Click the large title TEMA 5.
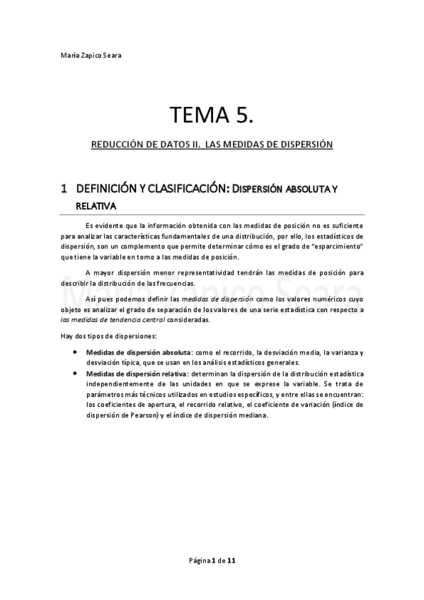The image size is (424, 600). (211, 115)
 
